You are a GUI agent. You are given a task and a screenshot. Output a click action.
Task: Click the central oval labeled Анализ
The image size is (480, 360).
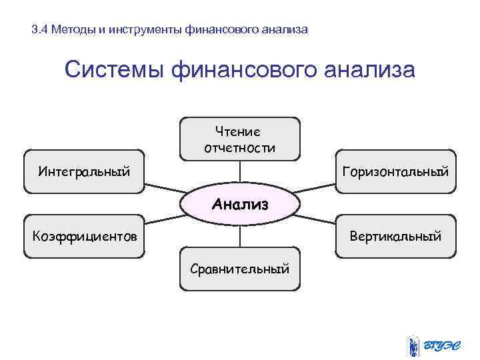(x=240, y=203)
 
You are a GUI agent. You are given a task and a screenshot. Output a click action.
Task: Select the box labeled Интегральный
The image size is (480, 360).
(x=84, y=171)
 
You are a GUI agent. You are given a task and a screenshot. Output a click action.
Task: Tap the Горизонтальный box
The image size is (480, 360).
(x=395, y=171)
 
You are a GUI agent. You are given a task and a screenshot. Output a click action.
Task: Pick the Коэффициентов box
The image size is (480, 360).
(x=84, y=235)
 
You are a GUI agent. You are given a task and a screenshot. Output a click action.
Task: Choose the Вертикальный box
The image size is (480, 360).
(x=395, y=235)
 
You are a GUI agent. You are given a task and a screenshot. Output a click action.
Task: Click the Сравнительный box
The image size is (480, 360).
(x=240, y=269)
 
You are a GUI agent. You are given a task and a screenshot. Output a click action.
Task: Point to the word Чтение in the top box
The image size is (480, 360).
(x=238, y=132)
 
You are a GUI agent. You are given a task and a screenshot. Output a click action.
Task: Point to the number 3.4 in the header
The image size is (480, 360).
(x=40, y=30)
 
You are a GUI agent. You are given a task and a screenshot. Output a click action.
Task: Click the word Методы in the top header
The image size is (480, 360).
(x=71, y=30)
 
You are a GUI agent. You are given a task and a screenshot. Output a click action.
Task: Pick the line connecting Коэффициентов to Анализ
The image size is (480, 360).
(x=163, y=219)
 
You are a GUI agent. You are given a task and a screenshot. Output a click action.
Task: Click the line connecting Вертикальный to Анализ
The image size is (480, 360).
(x=317, y=219)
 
